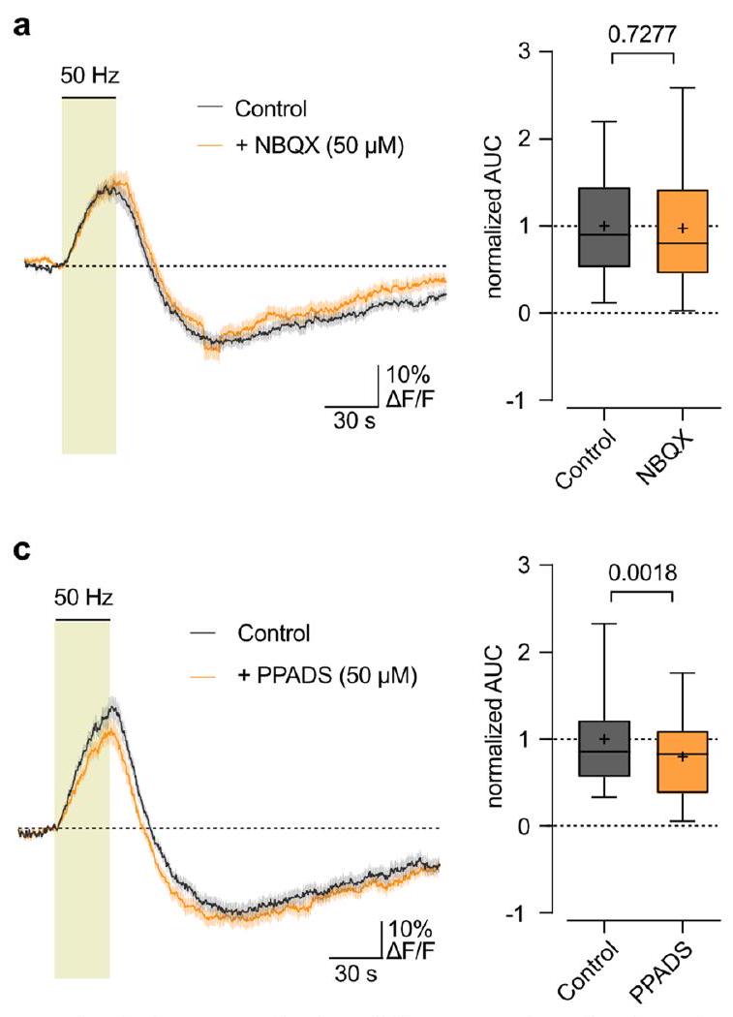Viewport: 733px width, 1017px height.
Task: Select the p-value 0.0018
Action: pos(641,572)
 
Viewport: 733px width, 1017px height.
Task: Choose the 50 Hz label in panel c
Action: pos(83,587)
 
